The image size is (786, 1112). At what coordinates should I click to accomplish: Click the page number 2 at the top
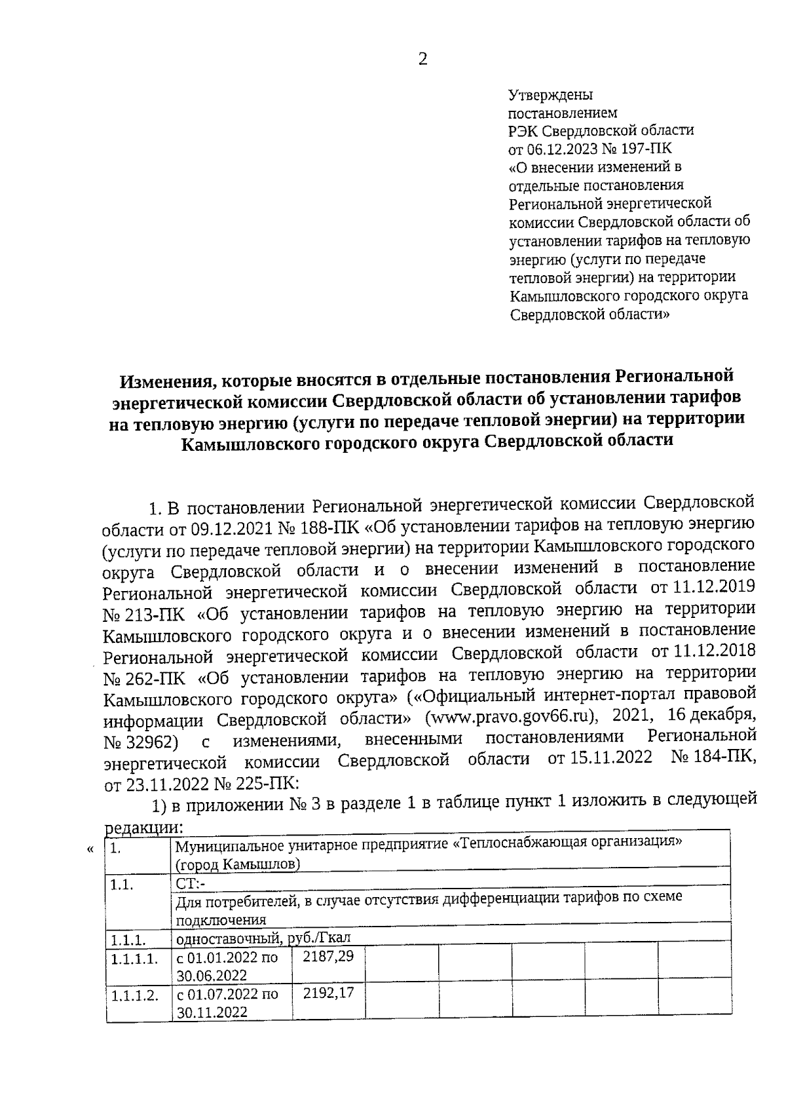point(422,60)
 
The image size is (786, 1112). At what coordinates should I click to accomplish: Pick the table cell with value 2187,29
point(328,957)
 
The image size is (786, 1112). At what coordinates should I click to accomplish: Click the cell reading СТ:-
point(191,883)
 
